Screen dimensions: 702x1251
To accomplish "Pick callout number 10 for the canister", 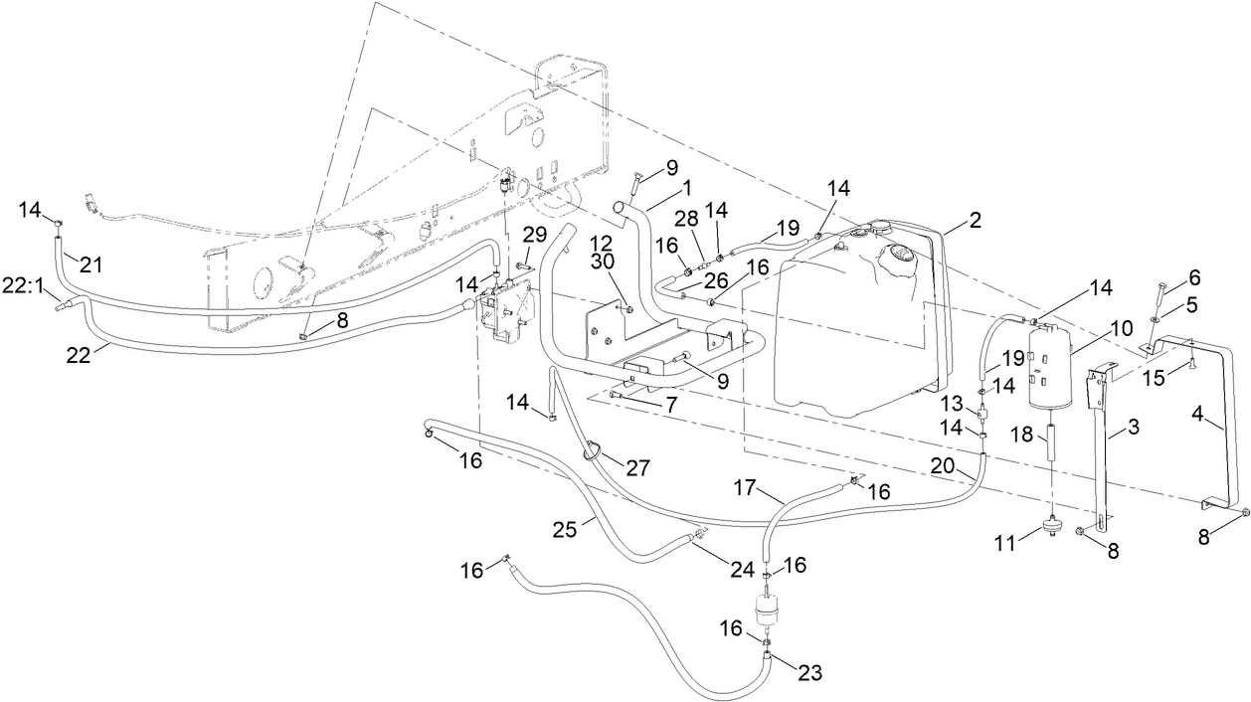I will click(1122, 327).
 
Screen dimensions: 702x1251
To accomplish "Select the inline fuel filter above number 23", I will click(766, 610).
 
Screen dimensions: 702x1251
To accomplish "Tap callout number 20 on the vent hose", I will click(942, 464).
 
